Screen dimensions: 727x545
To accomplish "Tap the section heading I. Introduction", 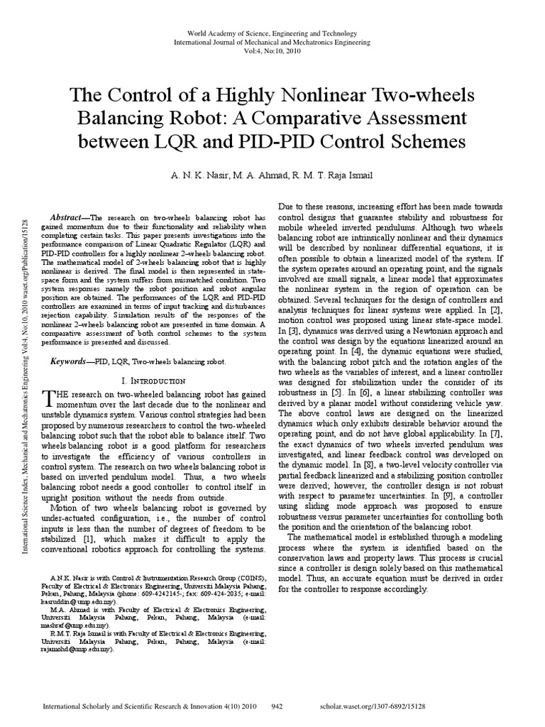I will [x=154, y=381].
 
